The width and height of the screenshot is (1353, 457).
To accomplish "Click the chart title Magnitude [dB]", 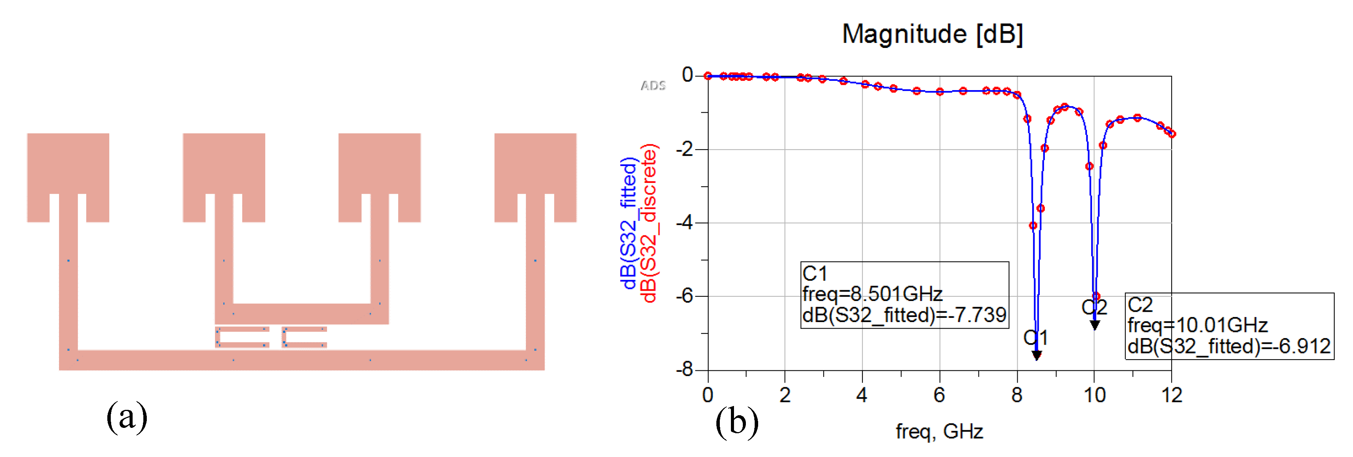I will [x=932, y=34].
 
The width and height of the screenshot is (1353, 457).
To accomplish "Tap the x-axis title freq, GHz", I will [x=939, y=431].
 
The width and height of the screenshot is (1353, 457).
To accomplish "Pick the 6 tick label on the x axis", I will [x=939, y=395].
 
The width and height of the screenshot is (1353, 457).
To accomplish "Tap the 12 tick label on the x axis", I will [x=1172, y=395].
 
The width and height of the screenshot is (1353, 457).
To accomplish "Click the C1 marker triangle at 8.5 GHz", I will [x=1037, y=356].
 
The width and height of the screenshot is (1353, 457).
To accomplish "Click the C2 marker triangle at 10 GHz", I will [x=1095, y=325].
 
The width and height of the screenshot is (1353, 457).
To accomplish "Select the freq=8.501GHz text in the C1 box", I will [x=872, y=294].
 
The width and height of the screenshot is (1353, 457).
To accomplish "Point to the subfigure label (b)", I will [x=737, y=421].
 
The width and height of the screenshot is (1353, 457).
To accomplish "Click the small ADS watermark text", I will [x=653, y=85].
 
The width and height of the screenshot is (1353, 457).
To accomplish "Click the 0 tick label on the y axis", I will [x=688, y=75].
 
